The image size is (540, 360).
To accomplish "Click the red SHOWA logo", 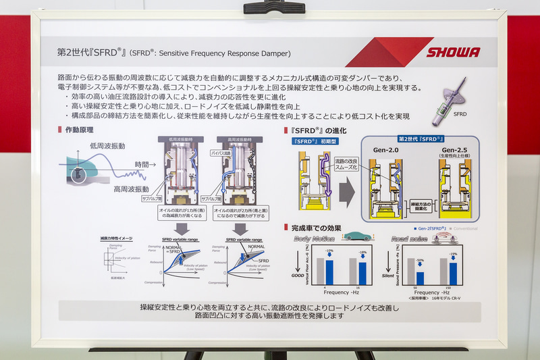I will [x=453, y=53].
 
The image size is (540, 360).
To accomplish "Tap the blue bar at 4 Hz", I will [x=329, y=270].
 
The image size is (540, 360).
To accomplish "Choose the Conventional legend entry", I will [x=468, y=229].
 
